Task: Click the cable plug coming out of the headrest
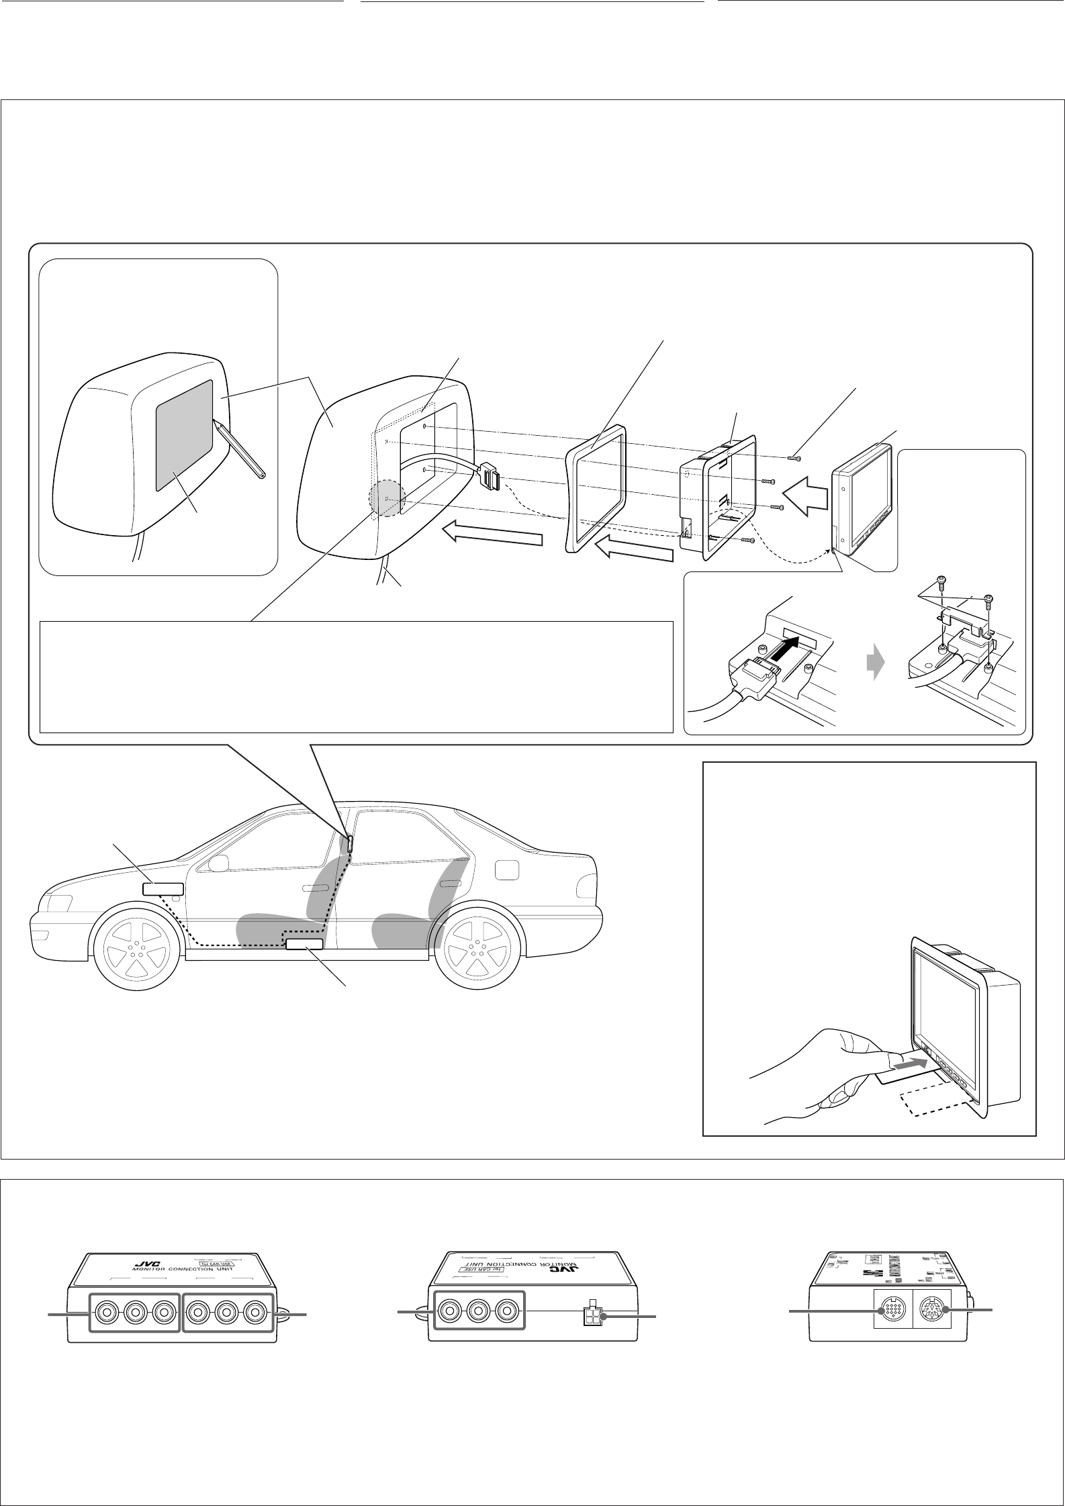click(x=490, y=477)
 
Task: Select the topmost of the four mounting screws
click(x=792, y=459)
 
